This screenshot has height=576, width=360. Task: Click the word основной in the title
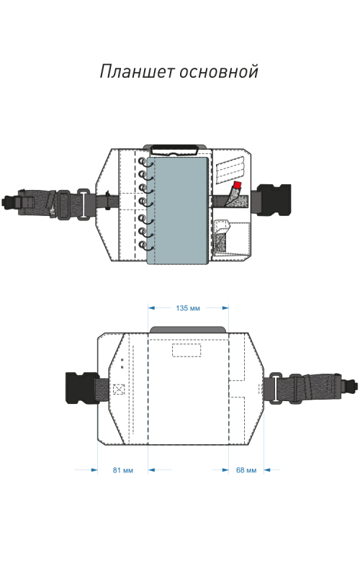[219, 71]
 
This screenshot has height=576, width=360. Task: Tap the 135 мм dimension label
[188, 308]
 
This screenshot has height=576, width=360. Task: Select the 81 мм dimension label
[122, 470]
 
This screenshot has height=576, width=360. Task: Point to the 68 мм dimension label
[246, 470]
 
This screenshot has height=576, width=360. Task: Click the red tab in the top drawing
[238, 185]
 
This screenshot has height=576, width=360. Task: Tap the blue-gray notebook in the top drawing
[178, 210]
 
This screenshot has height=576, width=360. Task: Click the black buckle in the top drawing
[274, 200]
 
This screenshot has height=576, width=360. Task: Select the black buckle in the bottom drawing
[82, 388]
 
